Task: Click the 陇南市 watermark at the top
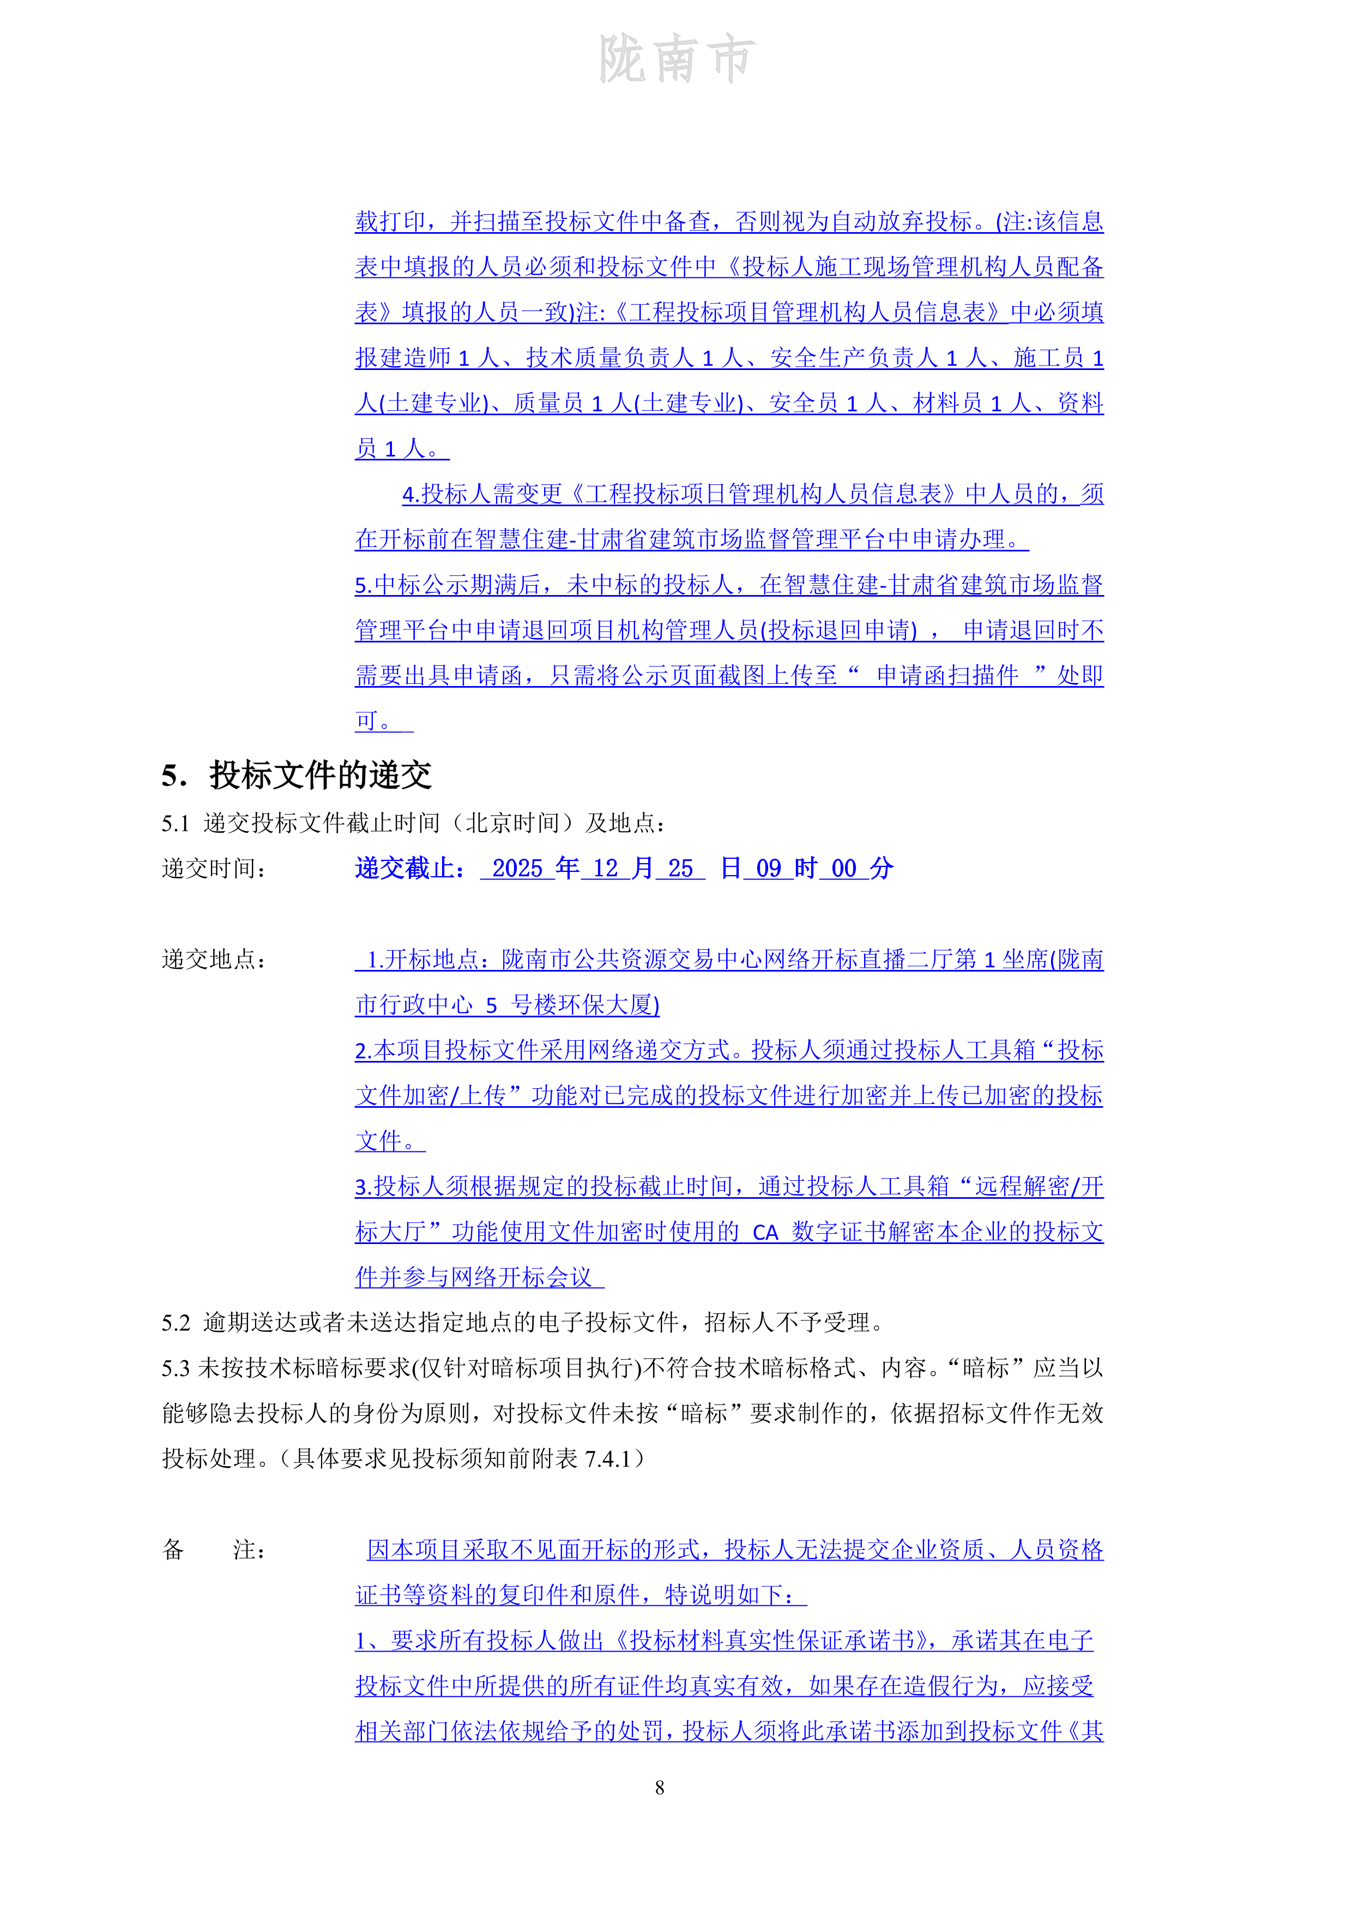click(676, 60)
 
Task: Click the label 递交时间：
click(213, 869)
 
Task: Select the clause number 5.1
click(176, 823)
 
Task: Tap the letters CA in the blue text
click(765, 1233)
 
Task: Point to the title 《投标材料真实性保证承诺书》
click(776, 1641)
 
